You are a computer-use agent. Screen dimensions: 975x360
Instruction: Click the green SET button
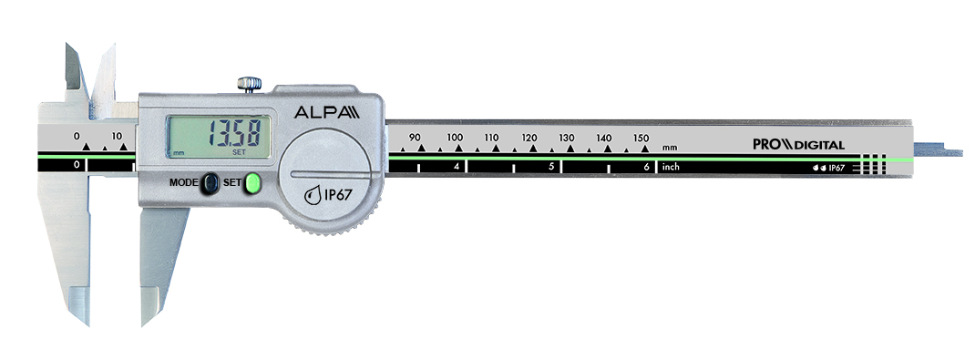(252, 183)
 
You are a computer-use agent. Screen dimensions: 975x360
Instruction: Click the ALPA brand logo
(326, 112)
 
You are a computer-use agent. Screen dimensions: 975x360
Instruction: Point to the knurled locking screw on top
(249, 85)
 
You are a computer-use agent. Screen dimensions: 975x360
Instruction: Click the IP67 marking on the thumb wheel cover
(328, 195)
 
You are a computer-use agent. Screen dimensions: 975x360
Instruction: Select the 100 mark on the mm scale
(455, 138)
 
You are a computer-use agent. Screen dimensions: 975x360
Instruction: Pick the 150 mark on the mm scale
(641, 138)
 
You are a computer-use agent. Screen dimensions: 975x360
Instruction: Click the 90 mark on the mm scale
(415, 138)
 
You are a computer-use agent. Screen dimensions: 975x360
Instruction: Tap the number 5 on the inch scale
(551, 167)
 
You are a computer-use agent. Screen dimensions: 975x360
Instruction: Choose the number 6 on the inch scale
(647, 167)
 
